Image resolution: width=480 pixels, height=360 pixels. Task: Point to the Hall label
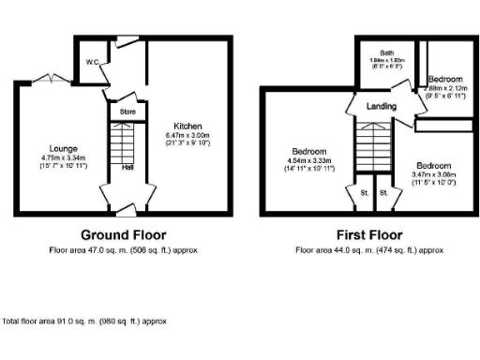[x=127, y=169]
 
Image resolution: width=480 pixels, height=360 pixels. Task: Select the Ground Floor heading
[x=124, y=234]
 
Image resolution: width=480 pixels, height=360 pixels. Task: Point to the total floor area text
[x=85, y=321]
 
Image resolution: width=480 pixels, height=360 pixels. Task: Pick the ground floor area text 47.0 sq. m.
[x=124, y=250]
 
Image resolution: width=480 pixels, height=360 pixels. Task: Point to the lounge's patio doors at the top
[x=45, y=78]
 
